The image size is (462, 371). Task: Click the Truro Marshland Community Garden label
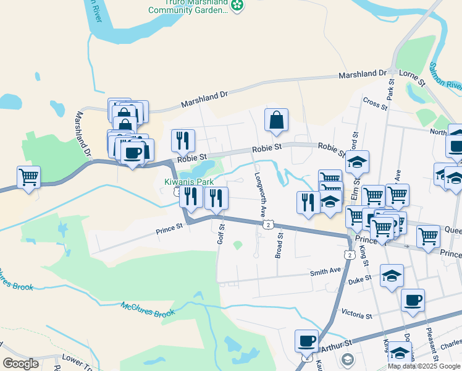188,6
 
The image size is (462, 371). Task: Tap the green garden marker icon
237,6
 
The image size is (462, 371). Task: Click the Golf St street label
220,234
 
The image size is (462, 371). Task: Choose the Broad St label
280,244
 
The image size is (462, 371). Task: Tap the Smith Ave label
325,271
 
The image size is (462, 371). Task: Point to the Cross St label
375,103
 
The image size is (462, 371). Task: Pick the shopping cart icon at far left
28,176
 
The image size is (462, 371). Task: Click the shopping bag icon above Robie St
276,119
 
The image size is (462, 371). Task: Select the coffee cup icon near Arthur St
306,340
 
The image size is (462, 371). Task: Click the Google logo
21,364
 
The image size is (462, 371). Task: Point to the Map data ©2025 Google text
423,366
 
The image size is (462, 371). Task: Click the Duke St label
360,279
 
